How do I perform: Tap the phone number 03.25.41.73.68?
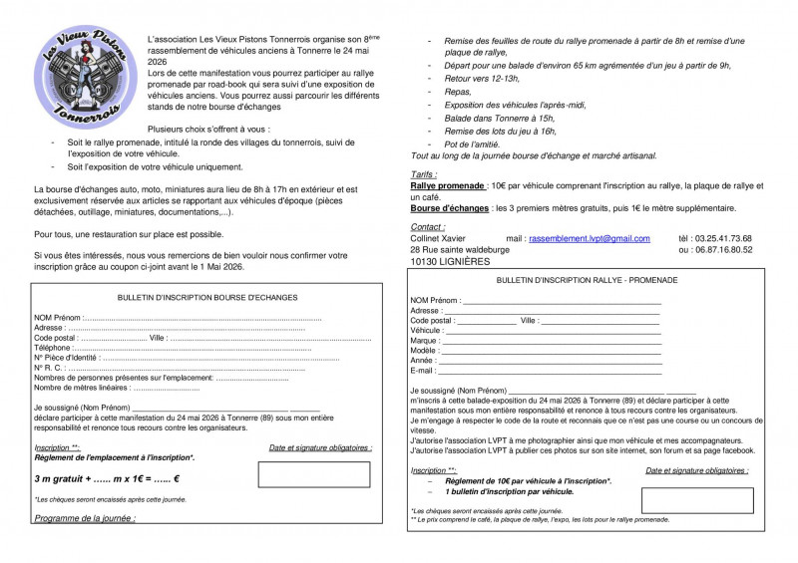(x=715, y=239)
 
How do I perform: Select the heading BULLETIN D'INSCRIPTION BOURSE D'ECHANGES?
(x=206, y=297)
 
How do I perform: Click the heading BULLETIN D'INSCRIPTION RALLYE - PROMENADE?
(x=587, y=280)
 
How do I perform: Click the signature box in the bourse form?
(x=314, y=473)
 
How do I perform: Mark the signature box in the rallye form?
(x=683, y=499)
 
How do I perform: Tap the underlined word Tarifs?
(x=424, y=173)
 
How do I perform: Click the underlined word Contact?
(x=428, y=227)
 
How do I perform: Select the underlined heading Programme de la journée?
(x=85, y=518)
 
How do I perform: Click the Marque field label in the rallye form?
(x=425, y=341)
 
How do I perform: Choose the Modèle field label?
(x=425, y=351)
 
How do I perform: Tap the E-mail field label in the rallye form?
(x=424, y=371)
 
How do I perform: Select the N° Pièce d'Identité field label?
(x=67, y=357)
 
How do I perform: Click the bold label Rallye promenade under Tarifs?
(x=448, y=185)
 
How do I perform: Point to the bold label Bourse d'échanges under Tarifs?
(x=448, y=208)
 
